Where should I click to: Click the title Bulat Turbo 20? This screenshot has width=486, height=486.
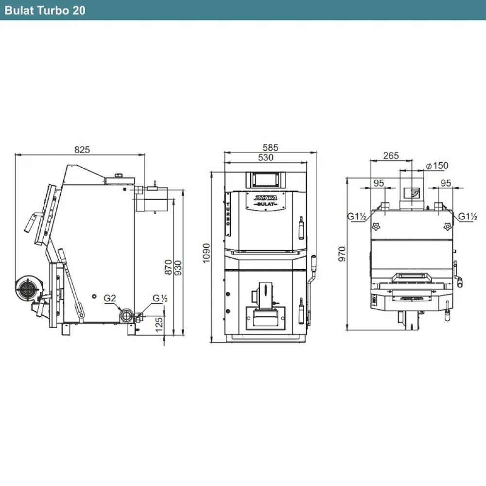(45, 10)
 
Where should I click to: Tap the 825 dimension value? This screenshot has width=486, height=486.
(82, 150)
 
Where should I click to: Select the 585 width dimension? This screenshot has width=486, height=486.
(270, 147)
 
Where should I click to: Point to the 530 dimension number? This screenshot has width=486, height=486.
(266, 157)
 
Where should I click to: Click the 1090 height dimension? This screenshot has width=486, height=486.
(206, 253)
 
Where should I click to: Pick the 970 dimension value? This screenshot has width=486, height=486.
(342, 254)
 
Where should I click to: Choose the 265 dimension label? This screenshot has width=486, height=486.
(391, 156)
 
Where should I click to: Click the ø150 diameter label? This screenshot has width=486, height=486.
(437, 166)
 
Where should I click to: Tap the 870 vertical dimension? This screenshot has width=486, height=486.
(168, 267)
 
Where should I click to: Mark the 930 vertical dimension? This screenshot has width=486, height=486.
(178, 268)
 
